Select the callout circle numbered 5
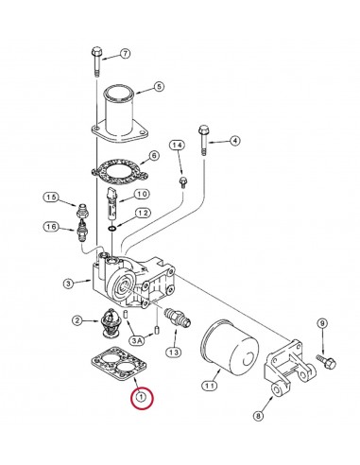tap(159, 86)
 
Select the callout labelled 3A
tap(138, 338)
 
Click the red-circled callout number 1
tap(141, 398)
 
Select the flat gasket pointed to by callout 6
tap(119, 169)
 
